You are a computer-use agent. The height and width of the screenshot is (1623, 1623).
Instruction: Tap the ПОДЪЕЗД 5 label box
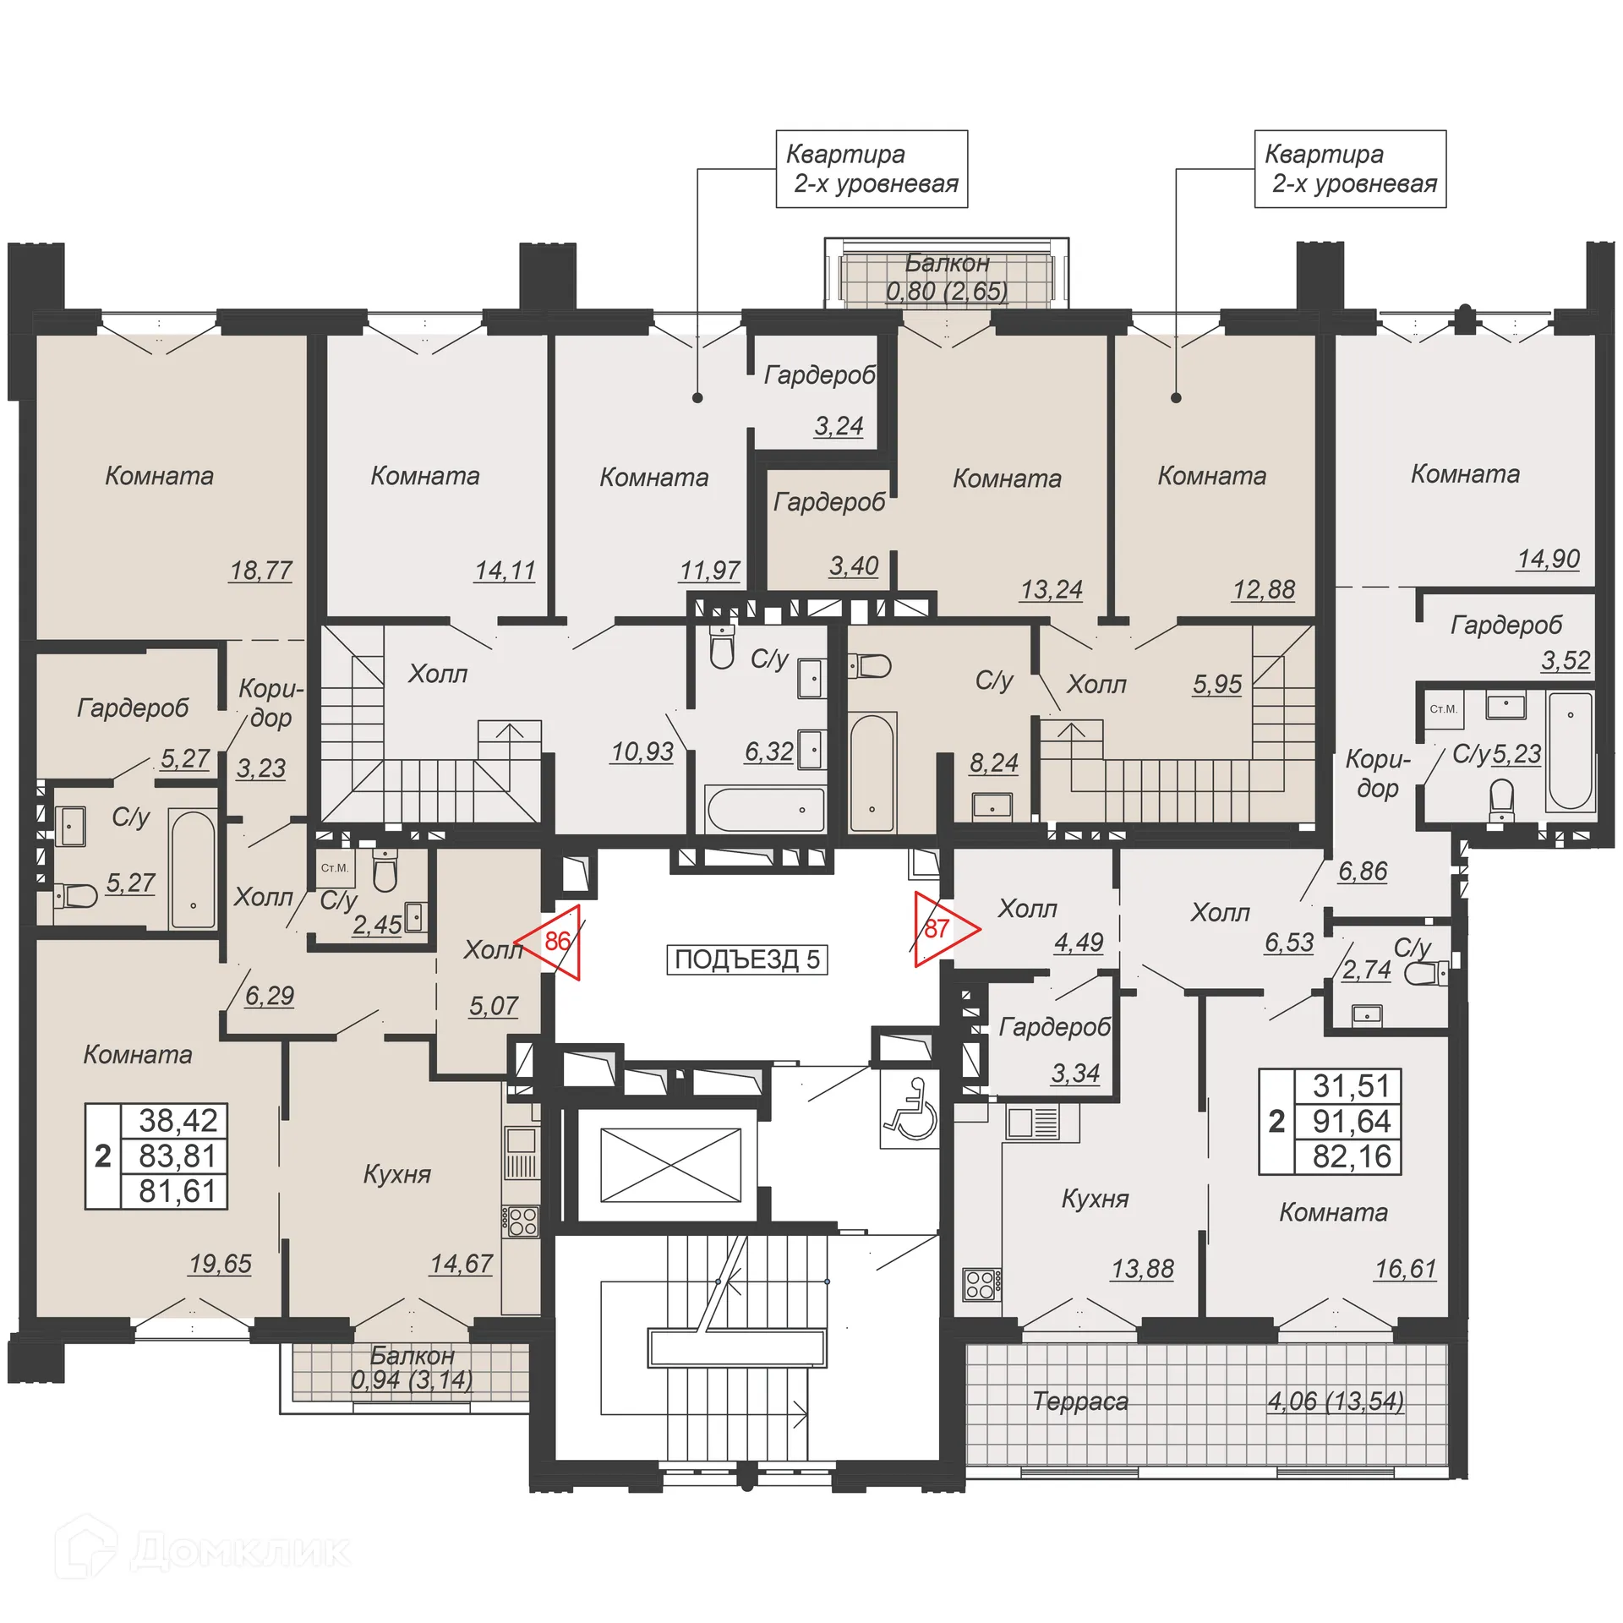(x=746, y=959)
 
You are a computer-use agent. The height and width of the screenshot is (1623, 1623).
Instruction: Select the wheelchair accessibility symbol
(x=910, y=1108)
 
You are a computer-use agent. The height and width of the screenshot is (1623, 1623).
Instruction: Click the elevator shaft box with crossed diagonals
(x=670, y=1164)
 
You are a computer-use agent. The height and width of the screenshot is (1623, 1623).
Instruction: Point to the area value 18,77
(x=260, y=571)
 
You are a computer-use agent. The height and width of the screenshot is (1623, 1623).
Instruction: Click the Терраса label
(x=1079, y=1402)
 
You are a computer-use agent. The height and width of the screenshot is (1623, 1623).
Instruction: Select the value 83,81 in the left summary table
(x=178, y=1156)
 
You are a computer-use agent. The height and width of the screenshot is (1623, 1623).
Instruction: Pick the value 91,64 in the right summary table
(x=1351, y=1121)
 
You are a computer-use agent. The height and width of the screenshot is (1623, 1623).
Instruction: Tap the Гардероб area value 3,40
(x=853, y=566)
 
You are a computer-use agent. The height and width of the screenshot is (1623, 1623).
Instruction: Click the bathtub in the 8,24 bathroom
(x=872, y=773)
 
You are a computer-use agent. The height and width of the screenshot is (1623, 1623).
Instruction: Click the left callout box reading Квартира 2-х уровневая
(x=872, y=169)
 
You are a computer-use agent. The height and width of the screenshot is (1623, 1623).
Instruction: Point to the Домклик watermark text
(x=240, y=1551)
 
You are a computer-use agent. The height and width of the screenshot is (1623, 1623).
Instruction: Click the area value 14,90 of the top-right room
(x=1548, y=560)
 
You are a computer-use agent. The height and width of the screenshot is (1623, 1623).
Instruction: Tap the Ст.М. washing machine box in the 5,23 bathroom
(x=1443, y=709)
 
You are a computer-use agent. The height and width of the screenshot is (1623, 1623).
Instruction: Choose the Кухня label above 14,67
(x=396, y=1174)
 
